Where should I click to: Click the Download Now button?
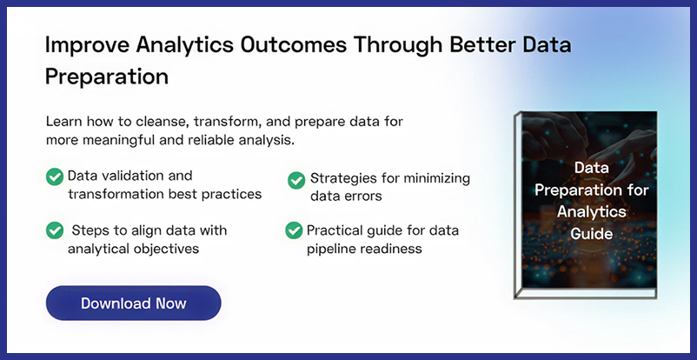[133, 303]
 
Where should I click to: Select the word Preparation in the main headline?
[106, 76]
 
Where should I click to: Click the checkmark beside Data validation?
[55, 177]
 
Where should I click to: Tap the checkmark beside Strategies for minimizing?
[295, 179]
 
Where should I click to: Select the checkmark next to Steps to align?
[55, 230]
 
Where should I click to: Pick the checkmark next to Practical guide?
[294, 230]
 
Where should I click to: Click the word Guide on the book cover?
[585, 234]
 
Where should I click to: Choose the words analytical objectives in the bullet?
[133, 249]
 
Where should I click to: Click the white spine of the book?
[518, 205]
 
